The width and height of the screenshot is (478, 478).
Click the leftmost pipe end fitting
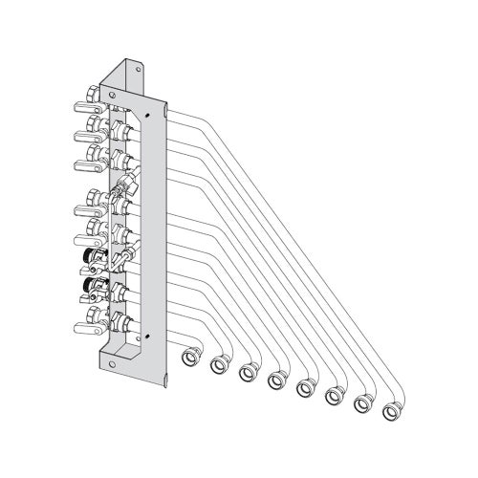[190, 356]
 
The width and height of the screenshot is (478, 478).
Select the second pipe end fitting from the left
[219, 363]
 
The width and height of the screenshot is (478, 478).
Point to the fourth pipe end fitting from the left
[277, 380]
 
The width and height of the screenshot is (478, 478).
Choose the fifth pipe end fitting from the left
[306, 388]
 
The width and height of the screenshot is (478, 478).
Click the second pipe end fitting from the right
[363, 404]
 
